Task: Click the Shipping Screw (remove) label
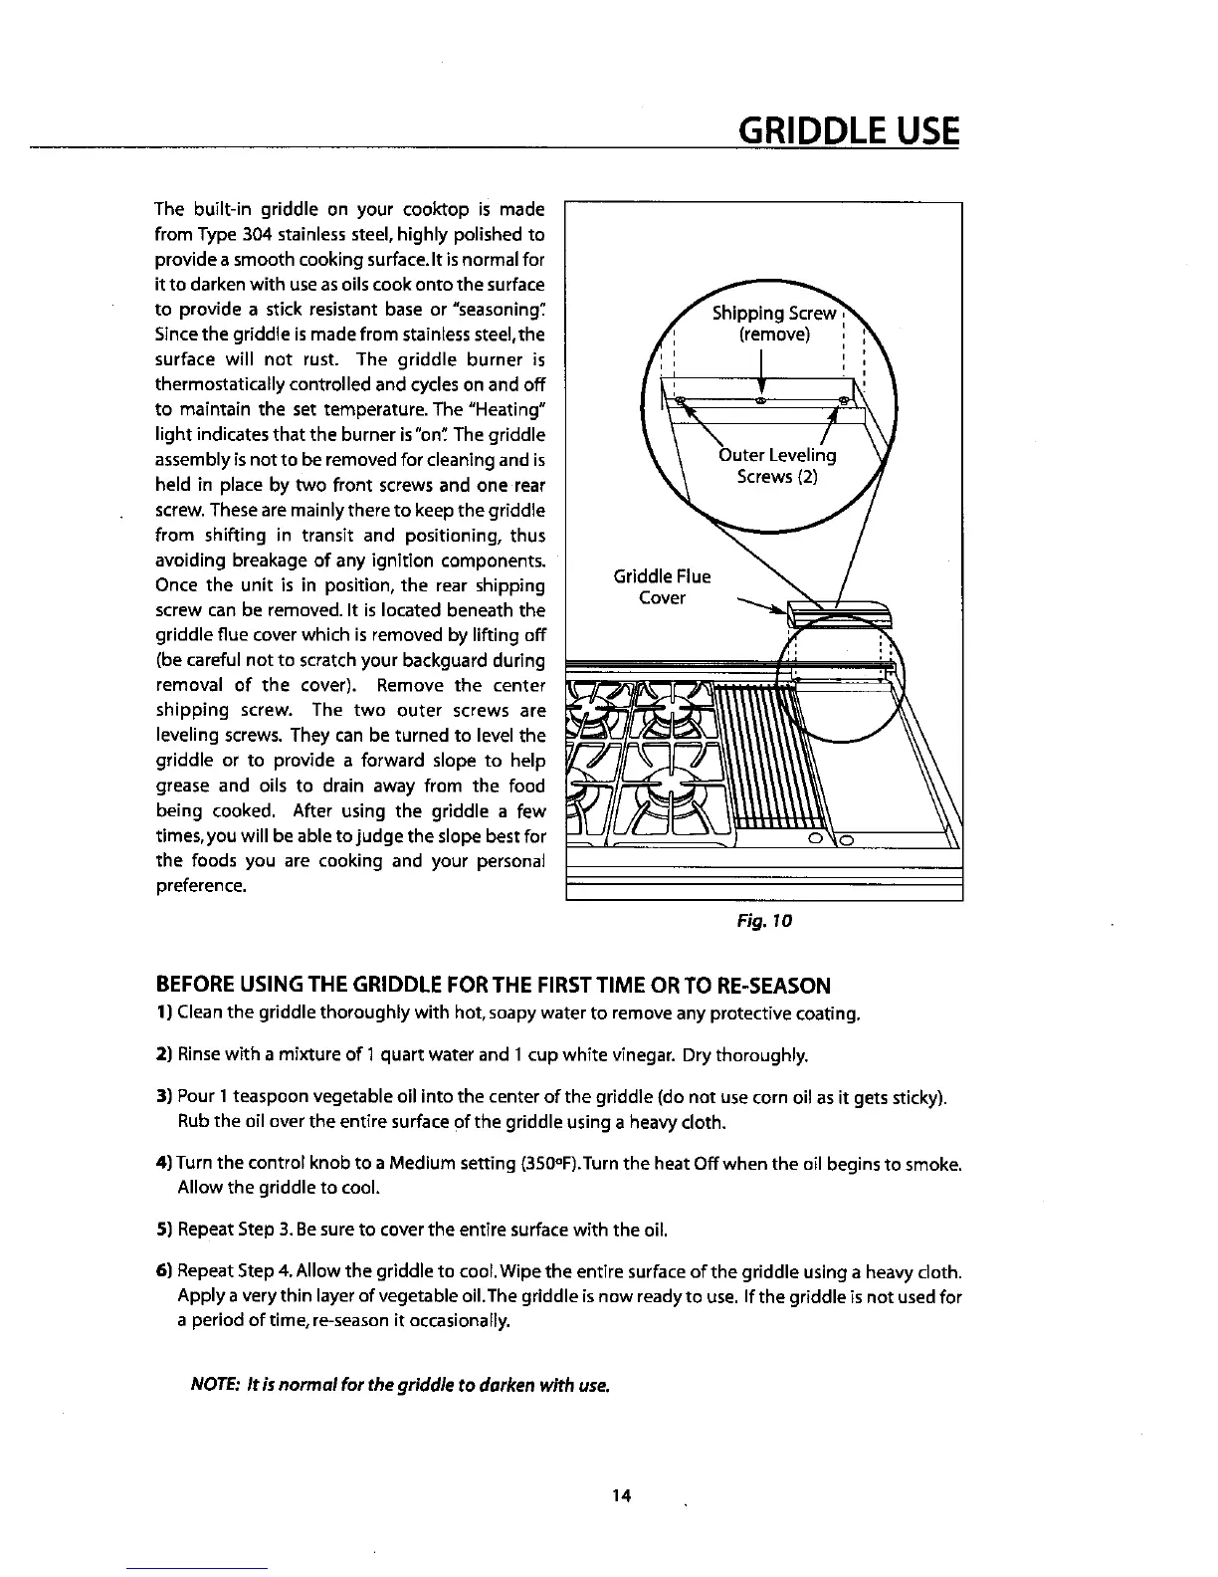point(774,325)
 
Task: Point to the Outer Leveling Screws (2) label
point(776,466)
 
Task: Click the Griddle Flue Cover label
point(662,587)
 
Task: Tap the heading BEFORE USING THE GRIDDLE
point(493,987)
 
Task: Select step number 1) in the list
point(164,1014)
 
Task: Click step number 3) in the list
point(164,1098)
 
